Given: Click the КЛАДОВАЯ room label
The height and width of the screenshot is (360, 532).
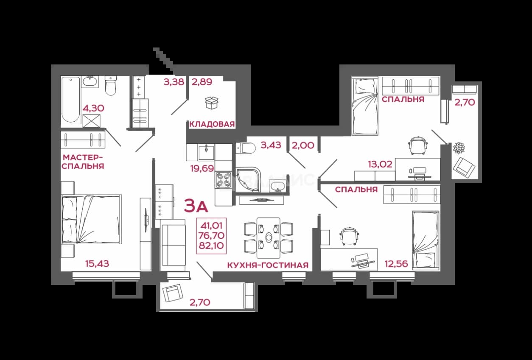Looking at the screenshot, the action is coord(212,124).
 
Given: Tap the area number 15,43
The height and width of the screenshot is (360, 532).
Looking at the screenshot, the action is coord(97,263).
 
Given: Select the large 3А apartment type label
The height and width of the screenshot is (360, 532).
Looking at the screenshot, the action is coord(196,206).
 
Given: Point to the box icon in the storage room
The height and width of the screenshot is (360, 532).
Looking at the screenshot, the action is coord(212,103).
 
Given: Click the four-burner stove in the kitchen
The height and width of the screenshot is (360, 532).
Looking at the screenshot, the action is coord(224,180).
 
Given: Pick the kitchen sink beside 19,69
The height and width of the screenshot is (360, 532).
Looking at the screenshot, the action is coord(206,152).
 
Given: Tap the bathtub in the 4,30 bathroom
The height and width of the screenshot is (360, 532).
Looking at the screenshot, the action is coord(71,100).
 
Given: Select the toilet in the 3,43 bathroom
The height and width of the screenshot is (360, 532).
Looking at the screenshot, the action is coord(246,148).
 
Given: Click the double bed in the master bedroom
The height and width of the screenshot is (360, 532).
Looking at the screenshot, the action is coord(92,219).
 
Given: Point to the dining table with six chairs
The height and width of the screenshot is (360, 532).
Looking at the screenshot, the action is coord(269,238).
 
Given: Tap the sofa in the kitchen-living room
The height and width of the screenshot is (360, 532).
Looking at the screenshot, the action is coord(173,245).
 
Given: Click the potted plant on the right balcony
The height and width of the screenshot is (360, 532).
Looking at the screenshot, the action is coord(459,148).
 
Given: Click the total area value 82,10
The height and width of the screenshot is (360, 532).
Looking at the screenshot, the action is coord(211,246).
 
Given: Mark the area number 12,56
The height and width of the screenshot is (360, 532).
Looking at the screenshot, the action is coord(396,263).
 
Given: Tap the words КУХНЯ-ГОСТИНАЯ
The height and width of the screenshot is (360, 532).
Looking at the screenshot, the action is coord(268,265).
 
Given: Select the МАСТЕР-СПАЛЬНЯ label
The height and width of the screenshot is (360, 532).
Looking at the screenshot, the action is coord(83,162).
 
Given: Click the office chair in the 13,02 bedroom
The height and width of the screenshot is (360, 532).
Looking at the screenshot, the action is coord(418,145).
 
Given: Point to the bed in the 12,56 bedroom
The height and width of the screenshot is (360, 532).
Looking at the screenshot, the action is coord(426,240).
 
